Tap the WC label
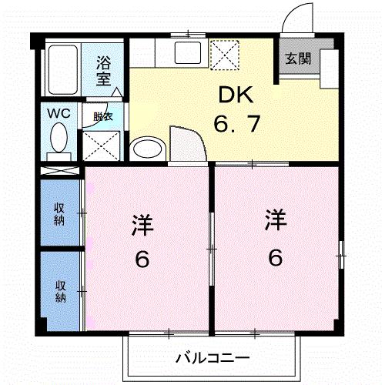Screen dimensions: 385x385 (59, 114)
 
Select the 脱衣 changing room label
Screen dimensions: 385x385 (102, 117)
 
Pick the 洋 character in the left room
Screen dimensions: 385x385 (142, 227)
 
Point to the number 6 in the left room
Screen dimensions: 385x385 (142, 259)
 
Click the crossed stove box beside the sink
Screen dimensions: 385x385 (225, 54)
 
